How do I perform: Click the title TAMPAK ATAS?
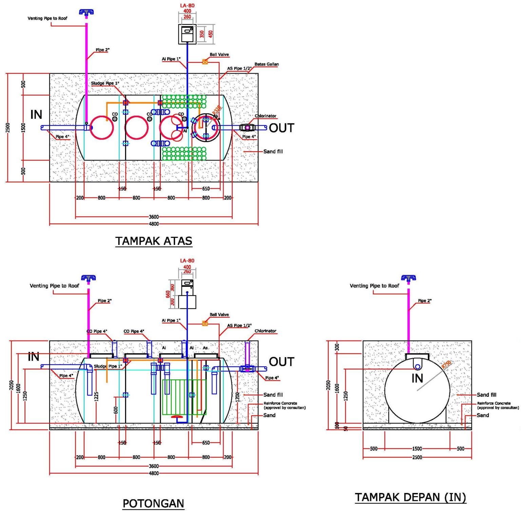click(x=154, y=241)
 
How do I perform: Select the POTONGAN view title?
click(x=153, y=503)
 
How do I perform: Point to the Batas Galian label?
click(x=267, y=64)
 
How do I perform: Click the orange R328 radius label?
click(x=217, y=110)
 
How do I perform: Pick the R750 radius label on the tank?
click(x=446, y=364)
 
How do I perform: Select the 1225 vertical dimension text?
click(x=97, y=397)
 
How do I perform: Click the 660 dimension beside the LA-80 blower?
click(x=168, y=294)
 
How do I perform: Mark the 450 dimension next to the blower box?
click(x=211, y=34)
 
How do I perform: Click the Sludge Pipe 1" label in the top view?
click(x=105, y=83)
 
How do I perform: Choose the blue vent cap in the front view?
click(x=408, y=278)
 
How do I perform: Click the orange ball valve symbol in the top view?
click(x=205, y=62)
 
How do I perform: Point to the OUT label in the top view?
click(x=282, y=128)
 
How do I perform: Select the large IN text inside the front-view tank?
click(x=417, y=378)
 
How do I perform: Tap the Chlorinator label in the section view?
click(x=265, y=331)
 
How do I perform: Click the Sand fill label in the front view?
click(x=486, y=395)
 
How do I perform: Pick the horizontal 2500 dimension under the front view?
click(x=417, y=457)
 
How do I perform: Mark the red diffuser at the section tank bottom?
click(x=177, y=416)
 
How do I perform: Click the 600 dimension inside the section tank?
click(x=116, y=410)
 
